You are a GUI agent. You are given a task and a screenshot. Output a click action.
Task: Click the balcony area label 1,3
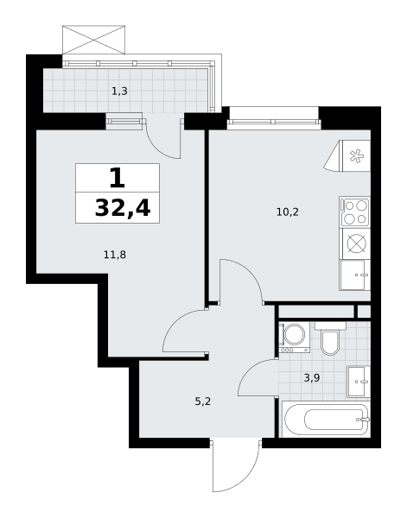click(119, 91)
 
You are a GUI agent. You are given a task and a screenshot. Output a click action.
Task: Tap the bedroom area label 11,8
click(115, 255)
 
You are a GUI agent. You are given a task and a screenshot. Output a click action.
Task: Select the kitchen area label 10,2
click(287, 212)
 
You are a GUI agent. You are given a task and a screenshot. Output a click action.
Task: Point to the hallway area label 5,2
click(203, 401)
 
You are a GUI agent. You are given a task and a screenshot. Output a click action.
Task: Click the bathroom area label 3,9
click(312, 377)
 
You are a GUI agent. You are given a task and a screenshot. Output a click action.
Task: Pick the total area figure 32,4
click(123, 208)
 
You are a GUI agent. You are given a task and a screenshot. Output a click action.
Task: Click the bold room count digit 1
click(118, 178)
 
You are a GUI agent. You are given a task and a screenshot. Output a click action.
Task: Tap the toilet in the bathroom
click(330, 338)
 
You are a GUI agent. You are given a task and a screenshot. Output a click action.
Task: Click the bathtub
click(326, 419)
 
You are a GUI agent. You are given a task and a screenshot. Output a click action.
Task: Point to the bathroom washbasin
click(359, 382)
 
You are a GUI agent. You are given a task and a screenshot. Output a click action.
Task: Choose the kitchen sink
click(355, 275)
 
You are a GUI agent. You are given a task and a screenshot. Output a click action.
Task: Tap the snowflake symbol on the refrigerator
click(356, 156)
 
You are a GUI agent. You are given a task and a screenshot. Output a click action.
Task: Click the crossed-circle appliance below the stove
click(357, 243)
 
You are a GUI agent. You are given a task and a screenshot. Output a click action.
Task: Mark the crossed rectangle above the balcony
click(94, 40)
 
